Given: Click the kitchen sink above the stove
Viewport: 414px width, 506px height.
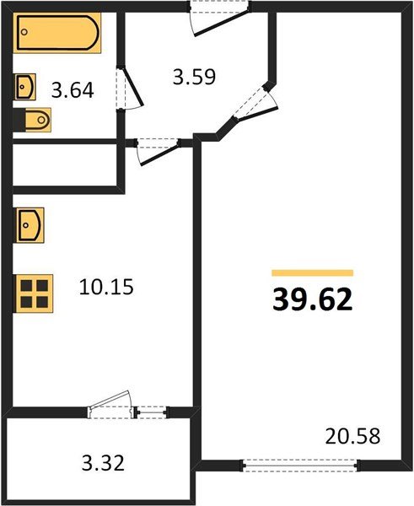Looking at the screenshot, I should click(x=30, y=226).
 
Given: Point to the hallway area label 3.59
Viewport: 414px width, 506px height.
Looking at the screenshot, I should click(x=195, y=77).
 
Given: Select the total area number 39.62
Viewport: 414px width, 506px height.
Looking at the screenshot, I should click(x=311, y=298).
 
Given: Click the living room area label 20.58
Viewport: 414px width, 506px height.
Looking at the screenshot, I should click(x=352, y=437).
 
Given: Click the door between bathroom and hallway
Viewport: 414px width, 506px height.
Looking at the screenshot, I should click(x=131, y=88).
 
